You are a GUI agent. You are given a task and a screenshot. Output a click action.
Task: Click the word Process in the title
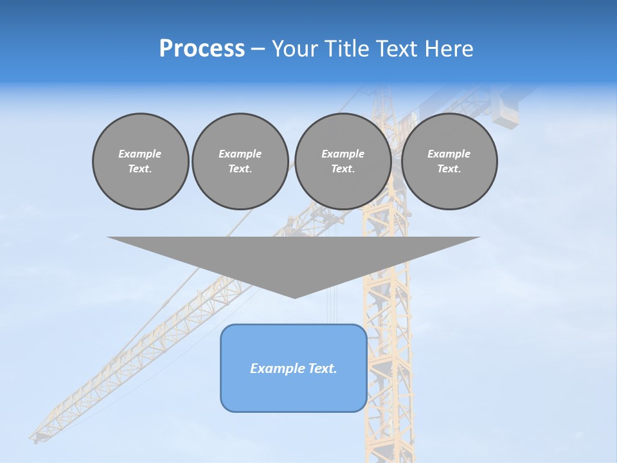[x=202, y=49]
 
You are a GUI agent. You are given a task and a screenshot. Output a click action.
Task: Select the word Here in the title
[x=450, y=49]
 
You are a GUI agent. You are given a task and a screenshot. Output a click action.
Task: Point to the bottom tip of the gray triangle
[x=294, y=297]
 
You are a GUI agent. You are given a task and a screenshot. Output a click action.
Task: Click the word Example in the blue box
[x=274, y=368]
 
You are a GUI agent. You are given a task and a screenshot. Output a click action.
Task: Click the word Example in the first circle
[x=140, y=154]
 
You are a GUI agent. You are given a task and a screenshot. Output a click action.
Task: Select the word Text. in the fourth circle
[x=449, y=168]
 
